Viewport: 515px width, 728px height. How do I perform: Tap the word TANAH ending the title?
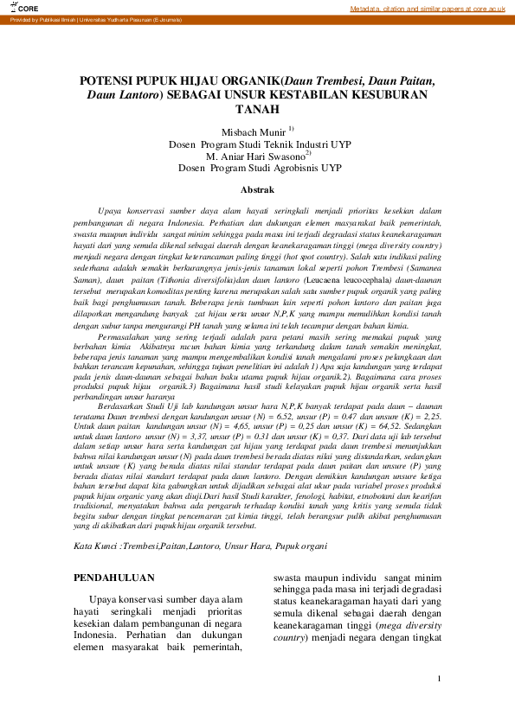tap(257, 109)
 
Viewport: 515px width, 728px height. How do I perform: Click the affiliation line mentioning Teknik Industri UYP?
tap(257, 144)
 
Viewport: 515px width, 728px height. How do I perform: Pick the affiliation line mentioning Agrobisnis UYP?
tap(257, 169)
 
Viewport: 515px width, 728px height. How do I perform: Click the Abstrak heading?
tap(257, 188)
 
